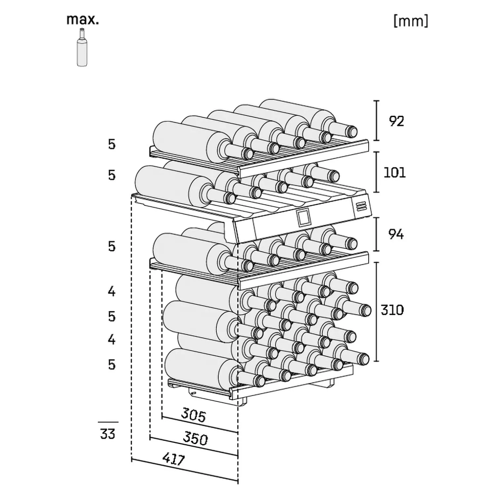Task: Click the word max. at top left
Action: tap(83, 20)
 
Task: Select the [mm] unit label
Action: tap(411, 21)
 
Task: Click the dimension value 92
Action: tap(396, 121)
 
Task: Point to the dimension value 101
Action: tap(394, 173)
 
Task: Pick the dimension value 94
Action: tap(396, 234)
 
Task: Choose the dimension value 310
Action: tap(392, 310)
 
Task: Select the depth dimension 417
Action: tap(174, 459)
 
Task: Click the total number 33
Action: tap(108, 434)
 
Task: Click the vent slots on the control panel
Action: tap(361, 207)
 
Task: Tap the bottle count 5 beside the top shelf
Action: tap(112, 145)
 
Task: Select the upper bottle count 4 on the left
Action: tap(112, 291)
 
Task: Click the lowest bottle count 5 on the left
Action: tap(112, 365)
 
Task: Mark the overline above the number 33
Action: tap(108, 422)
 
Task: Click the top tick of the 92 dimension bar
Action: tap(376, 101)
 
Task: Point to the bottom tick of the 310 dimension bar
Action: tap(376, 361)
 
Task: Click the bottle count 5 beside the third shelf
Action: tap(112, 246)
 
